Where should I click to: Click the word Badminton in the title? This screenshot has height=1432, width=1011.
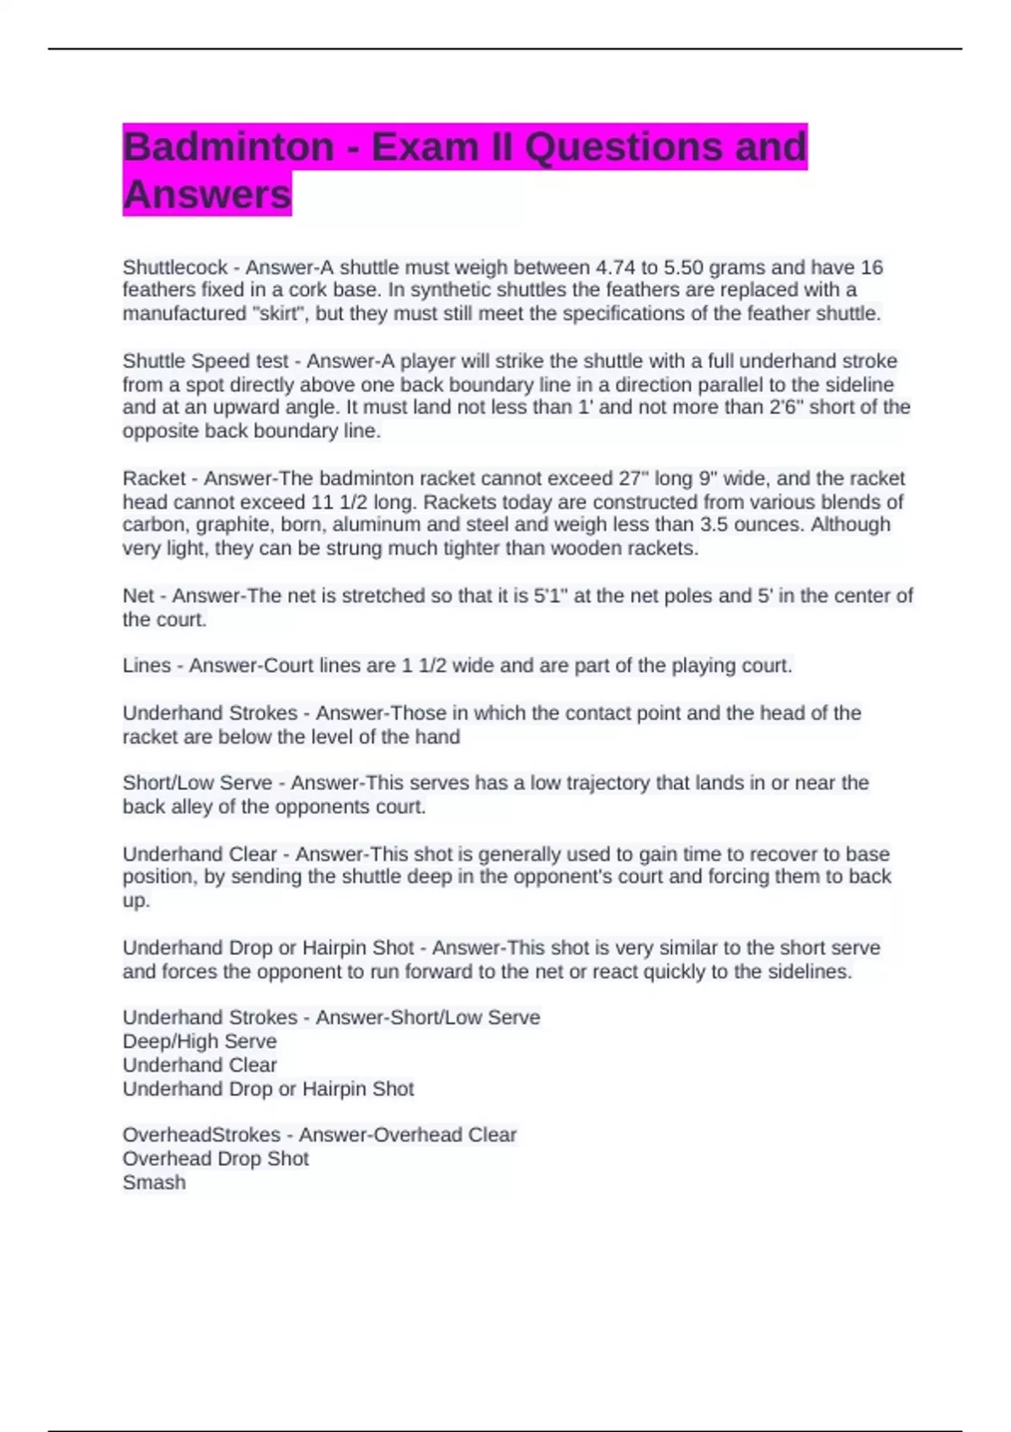(228, 147)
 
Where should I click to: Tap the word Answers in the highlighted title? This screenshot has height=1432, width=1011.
(207, 195)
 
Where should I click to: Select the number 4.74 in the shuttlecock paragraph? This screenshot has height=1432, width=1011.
(615, 268)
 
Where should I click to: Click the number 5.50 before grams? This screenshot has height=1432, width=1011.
(681, 268)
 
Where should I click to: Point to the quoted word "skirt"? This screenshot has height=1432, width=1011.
(274, 314)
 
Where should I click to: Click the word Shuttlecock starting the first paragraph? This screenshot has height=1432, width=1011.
(175, 268)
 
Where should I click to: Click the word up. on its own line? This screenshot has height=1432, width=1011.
(136, 900)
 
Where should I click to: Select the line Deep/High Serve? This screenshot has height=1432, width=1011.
(200, 1041)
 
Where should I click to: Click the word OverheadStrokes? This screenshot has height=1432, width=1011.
(201, 1135)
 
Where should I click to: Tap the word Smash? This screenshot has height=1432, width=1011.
(154, 1183)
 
